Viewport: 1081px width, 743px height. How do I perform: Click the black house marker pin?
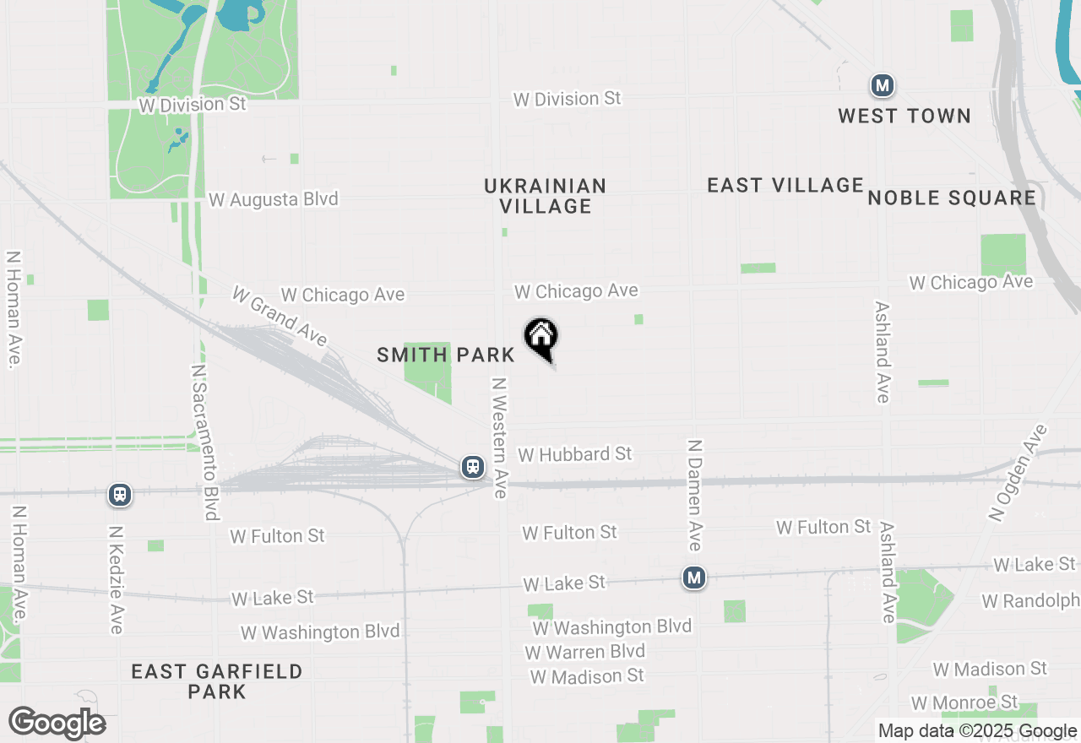pyautogui.click(x=541, y=338)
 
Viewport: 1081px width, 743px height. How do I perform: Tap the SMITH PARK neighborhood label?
pyautogui.click(x=445, y=355)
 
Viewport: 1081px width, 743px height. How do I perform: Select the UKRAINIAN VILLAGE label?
pyautogui.click(x=546, y=196)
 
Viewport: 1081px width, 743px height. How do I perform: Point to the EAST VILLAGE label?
pyautogui.click(x=785, y=185)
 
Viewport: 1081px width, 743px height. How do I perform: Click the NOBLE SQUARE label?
pyautogui.click(x=952, y=198)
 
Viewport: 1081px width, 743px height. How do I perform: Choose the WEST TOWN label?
pyautogui.click(x=904, y=116)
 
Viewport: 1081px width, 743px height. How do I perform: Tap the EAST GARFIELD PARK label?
pyautogui.click(x=217, y=681)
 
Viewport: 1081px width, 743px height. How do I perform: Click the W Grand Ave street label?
pyautogui.click(x=279, y=316)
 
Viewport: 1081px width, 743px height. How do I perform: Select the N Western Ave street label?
pyautogui.click(x=500, y=437)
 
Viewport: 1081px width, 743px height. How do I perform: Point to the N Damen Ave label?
pyautogui.click(x=694, y=494)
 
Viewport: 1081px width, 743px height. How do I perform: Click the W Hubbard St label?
pyautogui.click(x=575, y=454)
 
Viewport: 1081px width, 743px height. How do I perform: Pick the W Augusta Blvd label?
pyautogui.click(x=273, y=199)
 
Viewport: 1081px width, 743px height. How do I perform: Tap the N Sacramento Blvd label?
pyautogui.click(x=204, y=442)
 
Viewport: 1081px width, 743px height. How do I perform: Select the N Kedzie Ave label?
pyautogui.click(x=117, y=579)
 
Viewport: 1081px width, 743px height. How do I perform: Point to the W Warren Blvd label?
pyautogui.click(x=584, y=652)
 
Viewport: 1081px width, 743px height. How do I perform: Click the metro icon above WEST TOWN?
pyautogui.click(x=883, y=85)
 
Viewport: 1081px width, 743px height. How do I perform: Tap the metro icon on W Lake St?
pyautogui.click(x=694, y=578)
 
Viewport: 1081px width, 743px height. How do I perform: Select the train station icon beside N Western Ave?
pyautogui.click(x=473, y=467)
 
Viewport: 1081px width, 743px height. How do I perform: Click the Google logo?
pyautogui.click(x=57, y=723)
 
